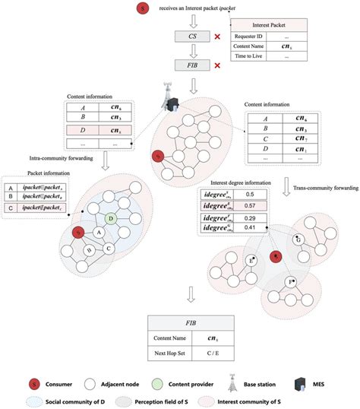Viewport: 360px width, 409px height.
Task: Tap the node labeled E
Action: tap(250, 261)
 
